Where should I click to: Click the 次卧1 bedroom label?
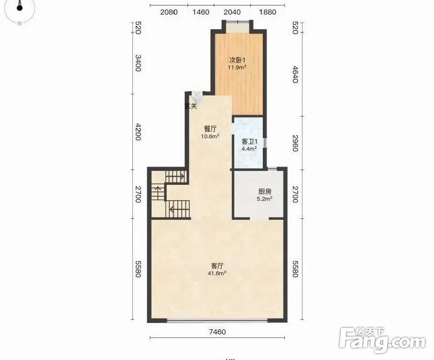coord(237,60)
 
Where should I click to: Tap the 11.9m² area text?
coord(237,67)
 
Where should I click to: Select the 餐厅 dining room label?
coord(211,129)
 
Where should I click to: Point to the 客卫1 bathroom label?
coord(249,142)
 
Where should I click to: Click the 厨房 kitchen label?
coord(265,192)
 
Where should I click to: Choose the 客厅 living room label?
coord(217,266)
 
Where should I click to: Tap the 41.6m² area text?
coord(217,274)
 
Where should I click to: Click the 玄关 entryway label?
coord(191,106)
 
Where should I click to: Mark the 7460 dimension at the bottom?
coord(217,332)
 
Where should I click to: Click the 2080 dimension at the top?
coord(169,12)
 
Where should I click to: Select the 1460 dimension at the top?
coord(201,12)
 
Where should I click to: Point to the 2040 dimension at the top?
coord(232,12)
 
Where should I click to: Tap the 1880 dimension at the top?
coord(268,12)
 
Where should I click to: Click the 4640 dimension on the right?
coord(295,74)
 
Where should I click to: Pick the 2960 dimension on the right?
coord(295,143)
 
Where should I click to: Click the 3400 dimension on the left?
coord(138,63)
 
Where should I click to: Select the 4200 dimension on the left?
coord(138,132)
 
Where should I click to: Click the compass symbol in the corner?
coord(19,8)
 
